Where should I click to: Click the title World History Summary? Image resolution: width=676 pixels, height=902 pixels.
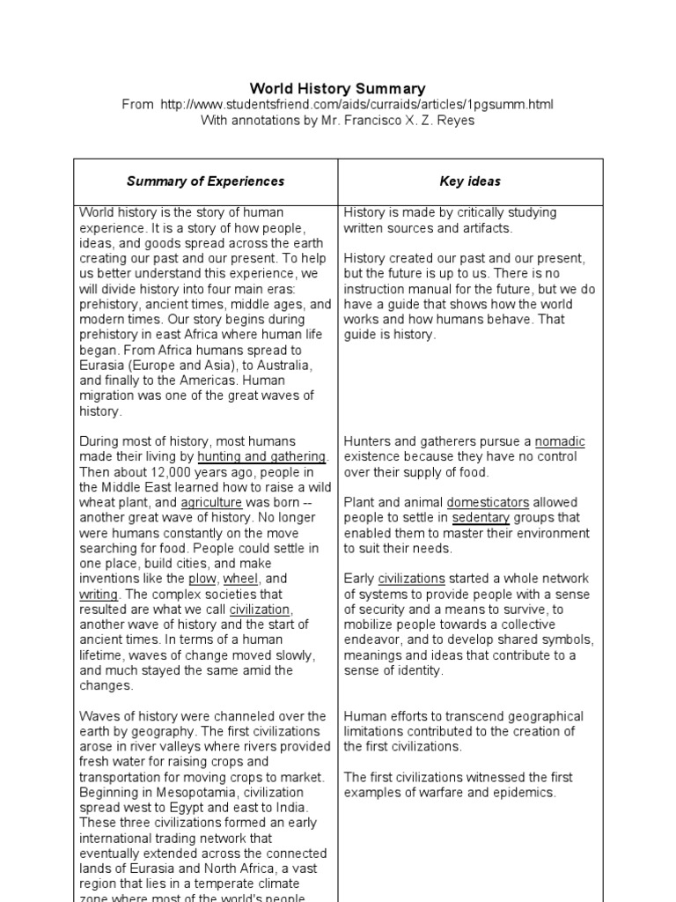(338, 88)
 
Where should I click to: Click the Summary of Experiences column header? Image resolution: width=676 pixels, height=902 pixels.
(205, 181)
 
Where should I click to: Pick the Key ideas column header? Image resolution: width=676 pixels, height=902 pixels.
(470, 181)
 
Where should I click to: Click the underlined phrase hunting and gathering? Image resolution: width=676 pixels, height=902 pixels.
(262, 456)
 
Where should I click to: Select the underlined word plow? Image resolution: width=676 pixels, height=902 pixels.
(202, 579)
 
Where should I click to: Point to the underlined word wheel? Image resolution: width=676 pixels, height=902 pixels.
(240, 579)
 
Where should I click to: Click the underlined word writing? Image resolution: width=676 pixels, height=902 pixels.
(99, 595)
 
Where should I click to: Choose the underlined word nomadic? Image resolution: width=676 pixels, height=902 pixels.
(560, 441)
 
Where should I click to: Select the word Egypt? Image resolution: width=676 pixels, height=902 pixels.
(192, 808)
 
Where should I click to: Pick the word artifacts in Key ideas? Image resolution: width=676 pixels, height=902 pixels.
(483, 228)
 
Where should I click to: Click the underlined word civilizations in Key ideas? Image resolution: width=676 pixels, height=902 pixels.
(412, 579)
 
